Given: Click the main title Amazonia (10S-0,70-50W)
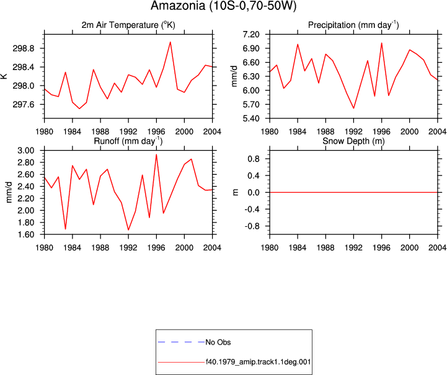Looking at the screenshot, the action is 223,6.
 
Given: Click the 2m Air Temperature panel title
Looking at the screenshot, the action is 128,25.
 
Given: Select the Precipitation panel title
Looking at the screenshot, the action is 353,25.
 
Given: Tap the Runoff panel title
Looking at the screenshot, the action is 128,141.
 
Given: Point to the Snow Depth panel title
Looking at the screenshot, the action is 353,141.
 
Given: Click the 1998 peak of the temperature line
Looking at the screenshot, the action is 170,42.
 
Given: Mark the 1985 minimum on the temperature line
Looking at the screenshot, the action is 79,108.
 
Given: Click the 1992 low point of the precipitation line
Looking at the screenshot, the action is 353,108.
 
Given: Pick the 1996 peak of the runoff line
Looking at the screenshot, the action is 156,154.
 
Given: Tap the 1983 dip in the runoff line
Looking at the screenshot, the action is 65,229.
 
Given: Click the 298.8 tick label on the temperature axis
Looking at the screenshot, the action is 24,48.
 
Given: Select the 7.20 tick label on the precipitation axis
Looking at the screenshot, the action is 251,35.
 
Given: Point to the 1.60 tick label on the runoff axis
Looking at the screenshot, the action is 26,234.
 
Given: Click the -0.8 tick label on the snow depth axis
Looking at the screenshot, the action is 252,226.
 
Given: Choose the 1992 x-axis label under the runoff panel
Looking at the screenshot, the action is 128,248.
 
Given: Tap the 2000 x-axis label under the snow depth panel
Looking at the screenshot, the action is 409,248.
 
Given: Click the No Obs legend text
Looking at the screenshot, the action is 218,342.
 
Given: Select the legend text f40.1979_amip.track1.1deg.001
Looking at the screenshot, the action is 259,362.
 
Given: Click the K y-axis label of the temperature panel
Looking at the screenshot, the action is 4,76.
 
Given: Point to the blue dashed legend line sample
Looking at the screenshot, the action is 181,342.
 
